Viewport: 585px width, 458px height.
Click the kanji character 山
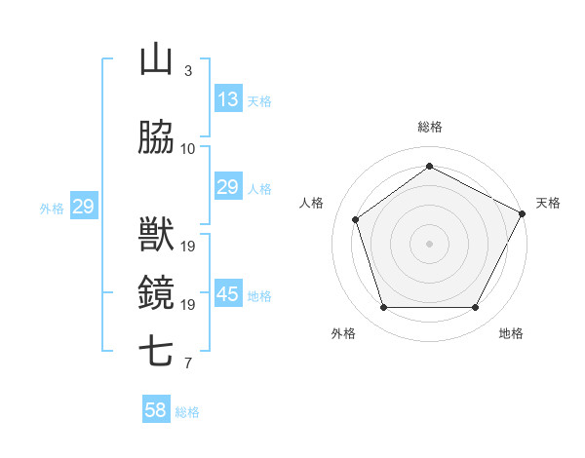(156, 59)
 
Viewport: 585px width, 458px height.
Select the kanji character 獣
(156, 235)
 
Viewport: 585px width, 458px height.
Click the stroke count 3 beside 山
(188, 71)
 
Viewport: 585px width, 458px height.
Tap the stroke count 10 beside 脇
(188, 149)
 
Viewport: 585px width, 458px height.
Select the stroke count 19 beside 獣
(188, 247)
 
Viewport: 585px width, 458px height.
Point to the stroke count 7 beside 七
(188, 363)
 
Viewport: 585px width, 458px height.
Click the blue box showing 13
(228, 99)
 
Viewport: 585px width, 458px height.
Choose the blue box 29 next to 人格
(228, 187)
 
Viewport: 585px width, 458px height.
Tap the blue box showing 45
(228, 294)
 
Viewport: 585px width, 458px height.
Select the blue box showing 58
(156, 410)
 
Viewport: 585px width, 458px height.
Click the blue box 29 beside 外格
(83, 207)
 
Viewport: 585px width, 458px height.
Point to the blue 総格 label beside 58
(187, 412)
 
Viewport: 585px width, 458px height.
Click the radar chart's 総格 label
(429, 127)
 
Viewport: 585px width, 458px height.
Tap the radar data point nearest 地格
(476, 308)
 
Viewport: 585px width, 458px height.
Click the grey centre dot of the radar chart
(429, 243)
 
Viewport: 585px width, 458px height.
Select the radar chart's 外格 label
(343, 333)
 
